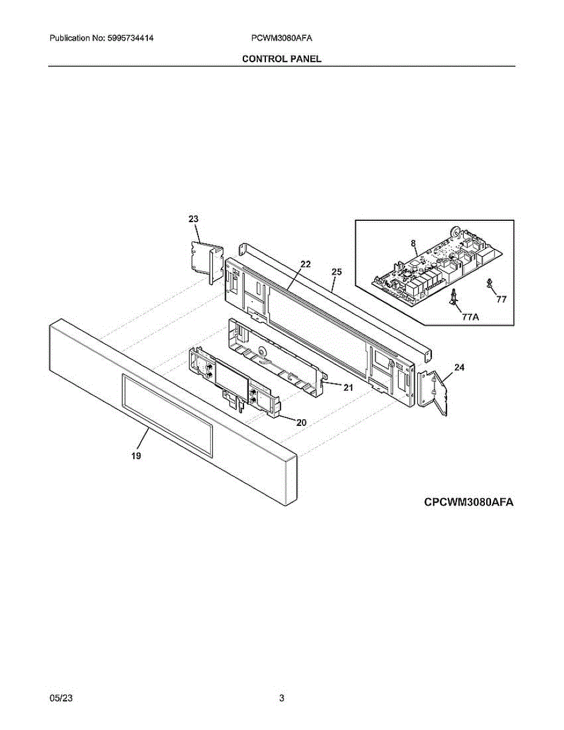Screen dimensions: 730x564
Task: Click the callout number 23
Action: point(193,219)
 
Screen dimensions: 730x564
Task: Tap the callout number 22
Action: point(305,264)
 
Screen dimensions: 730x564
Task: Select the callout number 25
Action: point(336,272)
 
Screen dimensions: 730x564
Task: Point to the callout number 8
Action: point(413,243)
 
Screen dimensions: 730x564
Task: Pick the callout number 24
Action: point(459,367)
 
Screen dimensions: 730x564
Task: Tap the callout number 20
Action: point(301,422)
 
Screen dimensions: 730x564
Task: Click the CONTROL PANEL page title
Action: point(282,58)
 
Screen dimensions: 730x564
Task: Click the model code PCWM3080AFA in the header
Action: point(282,38)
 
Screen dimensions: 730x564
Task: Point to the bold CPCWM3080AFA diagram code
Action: point(469,502)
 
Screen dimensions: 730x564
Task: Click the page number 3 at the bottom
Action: point(282,698)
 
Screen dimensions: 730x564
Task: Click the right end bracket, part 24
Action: point(435,394)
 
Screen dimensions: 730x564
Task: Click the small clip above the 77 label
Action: point(489,282)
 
